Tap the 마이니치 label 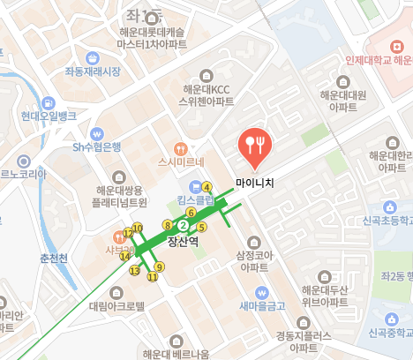pyautogui.click(x=255, y=184)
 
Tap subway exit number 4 pyautogui.click(x=206, y=187)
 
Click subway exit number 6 pyautogui.click(x=191, y=213)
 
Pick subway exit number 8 pyautogui.click(x=168, y=226)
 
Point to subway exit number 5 pyautogui.click(x=201, y=228)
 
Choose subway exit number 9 pyautogui.click(x=159, y=266)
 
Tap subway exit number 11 pyautogui.click(x=152, y=277)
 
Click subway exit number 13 pyautogui.click(x=134, y=270)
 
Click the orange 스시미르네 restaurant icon pyautogui.click(x=181, y=148)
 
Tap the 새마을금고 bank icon pyautogui.click(x=261, y=292)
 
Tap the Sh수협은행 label pyautogui.click(x=97, y=146)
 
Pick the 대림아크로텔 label pyautogui.click(x=116, y=306)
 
